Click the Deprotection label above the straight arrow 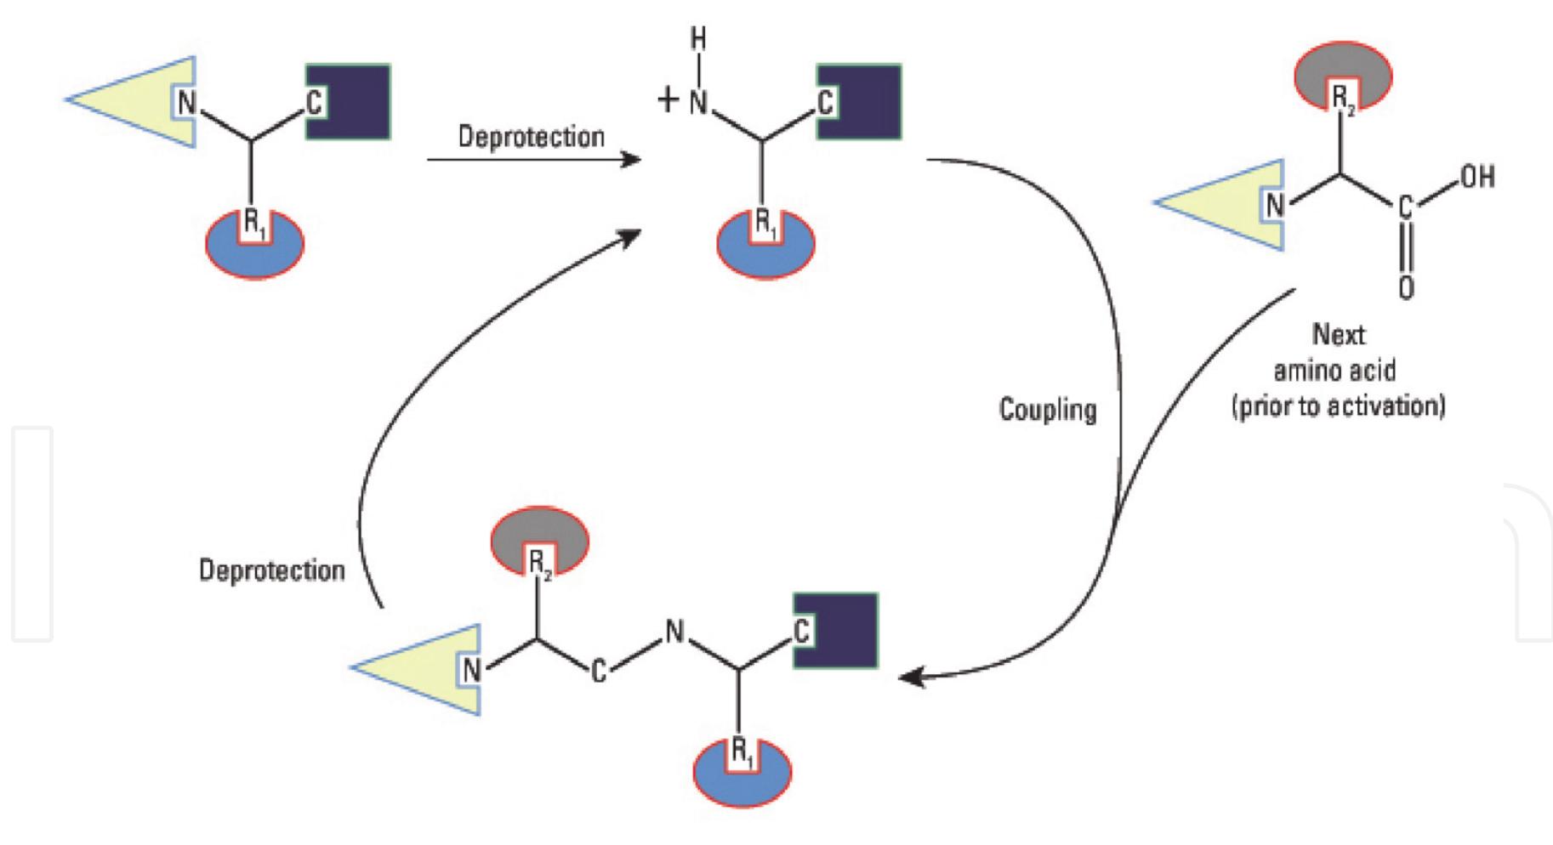point(531,137)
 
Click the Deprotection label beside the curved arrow point(271,570)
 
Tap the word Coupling point(1047,410)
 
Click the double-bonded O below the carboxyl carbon point(1406,286)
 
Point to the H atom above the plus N point(697,40)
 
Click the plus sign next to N point(668,101)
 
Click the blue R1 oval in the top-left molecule point(254,255)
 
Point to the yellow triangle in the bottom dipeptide point(417,669)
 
